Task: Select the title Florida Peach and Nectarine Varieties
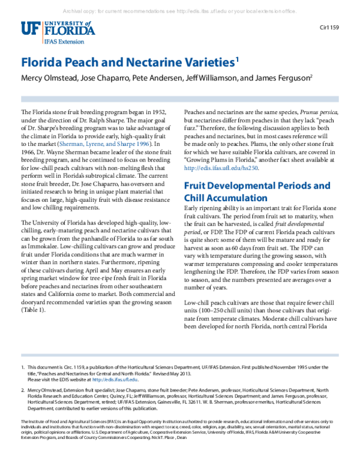pyautogui.click(x=128, y=62)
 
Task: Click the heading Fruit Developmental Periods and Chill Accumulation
pyautogui.click(x=257, y=175)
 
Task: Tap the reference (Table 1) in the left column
pyautogui.click(x=35, y=310)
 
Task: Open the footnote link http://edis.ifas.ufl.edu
pyautogui.click(x=116, y=379)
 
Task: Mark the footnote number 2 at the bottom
pyautogui.click(x=23, y=390)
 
